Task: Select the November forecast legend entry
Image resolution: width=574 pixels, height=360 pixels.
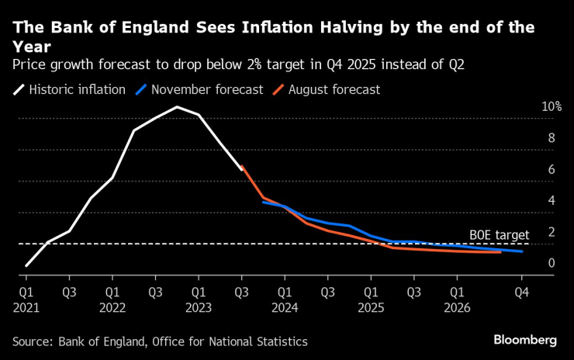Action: (202, 89)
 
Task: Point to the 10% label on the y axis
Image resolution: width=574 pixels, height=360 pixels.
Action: (551, 106)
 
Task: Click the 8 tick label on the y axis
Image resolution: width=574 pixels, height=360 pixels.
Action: (551, 138)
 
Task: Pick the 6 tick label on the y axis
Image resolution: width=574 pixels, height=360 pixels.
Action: (551, 169)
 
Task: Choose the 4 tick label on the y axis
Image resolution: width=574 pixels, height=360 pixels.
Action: (551, 200)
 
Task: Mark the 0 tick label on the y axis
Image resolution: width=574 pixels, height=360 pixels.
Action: (551, 263)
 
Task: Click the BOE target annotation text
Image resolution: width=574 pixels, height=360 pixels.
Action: (499, 234)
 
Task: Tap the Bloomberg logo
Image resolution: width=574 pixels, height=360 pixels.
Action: (525, 340)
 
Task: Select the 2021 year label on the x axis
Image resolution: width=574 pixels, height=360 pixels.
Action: (27, 306)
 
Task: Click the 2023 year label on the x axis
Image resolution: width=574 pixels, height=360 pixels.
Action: (199, 306)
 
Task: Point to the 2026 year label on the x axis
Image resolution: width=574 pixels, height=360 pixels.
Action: (458, 306)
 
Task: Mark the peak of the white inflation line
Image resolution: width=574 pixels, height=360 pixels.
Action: (177, 106)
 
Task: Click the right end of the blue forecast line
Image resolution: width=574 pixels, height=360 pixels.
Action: (521, 251)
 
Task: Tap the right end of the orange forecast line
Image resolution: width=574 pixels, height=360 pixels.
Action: (500, 252)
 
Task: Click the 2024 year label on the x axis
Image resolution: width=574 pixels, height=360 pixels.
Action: (285, 306)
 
